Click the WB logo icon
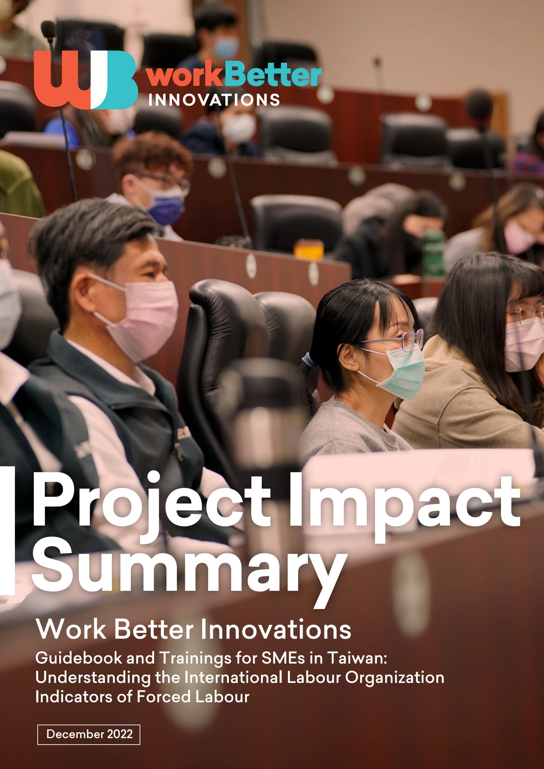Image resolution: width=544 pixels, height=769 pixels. click(x=85, y=81)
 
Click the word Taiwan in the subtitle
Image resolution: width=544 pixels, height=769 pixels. click(x=357, y=658)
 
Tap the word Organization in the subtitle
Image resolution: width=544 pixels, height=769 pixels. click(x=395, y=677)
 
